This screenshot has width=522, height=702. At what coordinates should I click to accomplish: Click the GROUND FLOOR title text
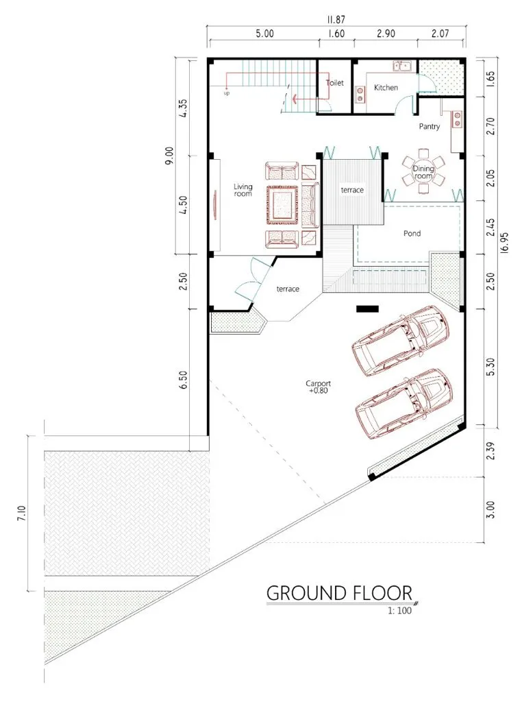point(338,593)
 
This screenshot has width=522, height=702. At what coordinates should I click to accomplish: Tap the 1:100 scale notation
point(398,612)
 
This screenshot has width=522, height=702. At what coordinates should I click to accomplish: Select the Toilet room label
point(334,82)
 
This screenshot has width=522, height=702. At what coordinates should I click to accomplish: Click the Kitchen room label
point(386,88)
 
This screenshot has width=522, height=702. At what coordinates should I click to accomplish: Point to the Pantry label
point(430,127)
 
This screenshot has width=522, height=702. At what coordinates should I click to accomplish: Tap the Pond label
point(412,234)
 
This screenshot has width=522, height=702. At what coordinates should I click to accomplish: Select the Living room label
point(243,190)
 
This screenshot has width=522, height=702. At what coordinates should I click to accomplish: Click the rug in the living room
point(283,204)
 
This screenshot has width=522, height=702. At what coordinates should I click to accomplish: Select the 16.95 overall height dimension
point(505,242)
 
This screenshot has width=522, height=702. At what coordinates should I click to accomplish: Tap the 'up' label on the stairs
point(227,94)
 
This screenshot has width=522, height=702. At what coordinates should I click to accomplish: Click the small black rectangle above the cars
point(367,309)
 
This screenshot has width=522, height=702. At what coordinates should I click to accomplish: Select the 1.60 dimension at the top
point(337,34)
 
